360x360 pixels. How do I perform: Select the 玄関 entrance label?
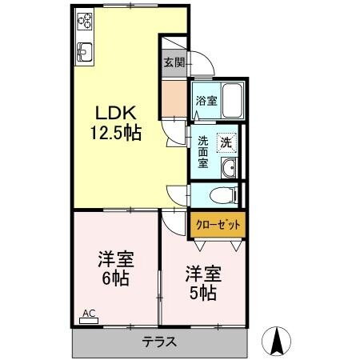tap(174, 62)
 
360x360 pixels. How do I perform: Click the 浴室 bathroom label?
tap(206, 101)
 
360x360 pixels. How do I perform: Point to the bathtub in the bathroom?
tap(232, 99)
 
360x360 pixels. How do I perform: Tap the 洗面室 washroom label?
tap(203, 151)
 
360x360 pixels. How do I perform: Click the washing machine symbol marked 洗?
tap(228, 142)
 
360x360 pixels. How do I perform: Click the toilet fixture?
tap(223, 194)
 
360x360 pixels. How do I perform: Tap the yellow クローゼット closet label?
tap(218, 225)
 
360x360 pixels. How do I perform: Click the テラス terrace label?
tap(161, 342)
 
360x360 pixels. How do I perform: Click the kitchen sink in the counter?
tap(84, 54)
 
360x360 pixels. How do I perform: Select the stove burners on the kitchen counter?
tap(84, 26)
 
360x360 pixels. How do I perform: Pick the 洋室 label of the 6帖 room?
tap(115, 261)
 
